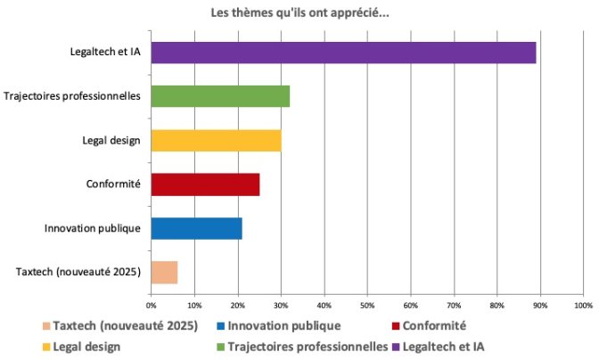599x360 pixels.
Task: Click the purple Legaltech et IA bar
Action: click(343, 53)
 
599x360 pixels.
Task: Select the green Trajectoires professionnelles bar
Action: click(220, 96)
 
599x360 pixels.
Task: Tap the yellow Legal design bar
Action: click(217, 141)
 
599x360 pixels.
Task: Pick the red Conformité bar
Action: click(206, 184)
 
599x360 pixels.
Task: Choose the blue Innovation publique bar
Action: click(197, 229)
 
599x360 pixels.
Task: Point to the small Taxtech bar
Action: click(164, 273)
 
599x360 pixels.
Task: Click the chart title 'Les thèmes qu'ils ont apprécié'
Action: click(299, 13)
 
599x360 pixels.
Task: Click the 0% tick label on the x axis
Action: click(152, 306)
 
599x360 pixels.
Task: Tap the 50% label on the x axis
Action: click(367, 306)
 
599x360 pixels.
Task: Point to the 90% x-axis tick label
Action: click(540, 306)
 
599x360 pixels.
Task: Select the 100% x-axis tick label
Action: click(583, 306)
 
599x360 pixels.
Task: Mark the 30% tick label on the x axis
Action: click(281, 306)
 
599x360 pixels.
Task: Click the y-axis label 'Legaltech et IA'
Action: click(105, 52)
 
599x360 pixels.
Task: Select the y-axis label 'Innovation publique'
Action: click(93, 228)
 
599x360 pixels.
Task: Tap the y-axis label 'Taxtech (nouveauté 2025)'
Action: click(78, 272)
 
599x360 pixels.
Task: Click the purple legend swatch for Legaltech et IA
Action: click(396, 347)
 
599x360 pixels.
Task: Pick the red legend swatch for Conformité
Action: click(396, 326)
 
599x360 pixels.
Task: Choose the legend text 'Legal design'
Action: click(86, 347)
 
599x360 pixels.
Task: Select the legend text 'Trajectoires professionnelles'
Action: click(308, 347)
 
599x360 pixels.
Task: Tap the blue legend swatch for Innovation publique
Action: click(220, 326)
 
